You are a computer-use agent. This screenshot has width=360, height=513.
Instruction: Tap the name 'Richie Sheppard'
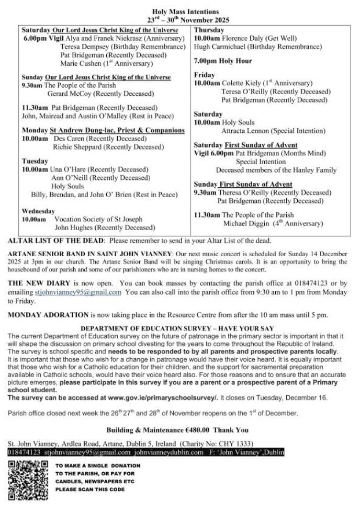click(77, 147)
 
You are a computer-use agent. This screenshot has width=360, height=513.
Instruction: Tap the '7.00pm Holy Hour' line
click(222, 61)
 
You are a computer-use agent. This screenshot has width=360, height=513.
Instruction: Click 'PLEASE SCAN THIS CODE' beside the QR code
click(90, 489)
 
